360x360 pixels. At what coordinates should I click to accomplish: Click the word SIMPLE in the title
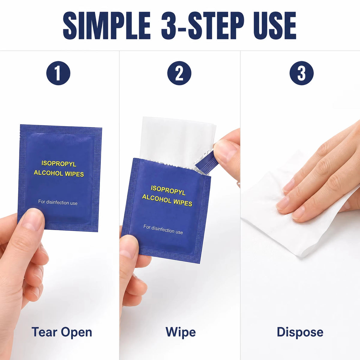(107, 25)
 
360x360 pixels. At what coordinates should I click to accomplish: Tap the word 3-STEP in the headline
(203, 25)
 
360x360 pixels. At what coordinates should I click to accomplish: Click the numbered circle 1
(58, 73)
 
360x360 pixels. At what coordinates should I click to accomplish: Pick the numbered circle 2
(179, 73)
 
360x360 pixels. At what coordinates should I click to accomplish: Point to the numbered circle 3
(301, 73)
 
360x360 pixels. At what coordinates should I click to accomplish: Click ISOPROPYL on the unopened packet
(59, 164)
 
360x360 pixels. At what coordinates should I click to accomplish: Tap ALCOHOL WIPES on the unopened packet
(59, 173)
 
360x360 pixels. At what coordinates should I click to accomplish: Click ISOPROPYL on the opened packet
(168, 190)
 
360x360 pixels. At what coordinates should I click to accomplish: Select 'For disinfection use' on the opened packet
(163, 229)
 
